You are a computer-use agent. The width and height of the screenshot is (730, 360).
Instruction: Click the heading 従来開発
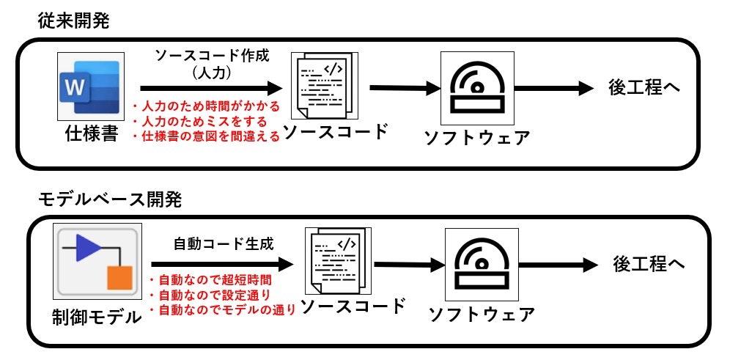[73, 21]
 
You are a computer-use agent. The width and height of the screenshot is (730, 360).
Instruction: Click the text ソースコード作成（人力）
[211, 64]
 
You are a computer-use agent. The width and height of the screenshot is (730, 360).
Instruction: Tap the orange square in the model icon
[118, 279]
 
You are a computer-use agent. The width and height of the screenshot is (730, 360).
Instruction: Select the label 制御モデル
[96, 317]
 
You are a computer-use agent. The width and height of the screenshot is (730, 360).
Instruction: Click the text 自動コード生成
[224, 243]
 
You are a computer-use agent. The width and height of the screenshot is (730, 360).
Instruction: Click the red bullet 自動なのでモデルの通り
[222, 310]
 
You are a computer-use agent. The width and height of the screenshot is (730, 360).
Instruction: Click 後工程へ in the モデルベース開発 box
[649, 264]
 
